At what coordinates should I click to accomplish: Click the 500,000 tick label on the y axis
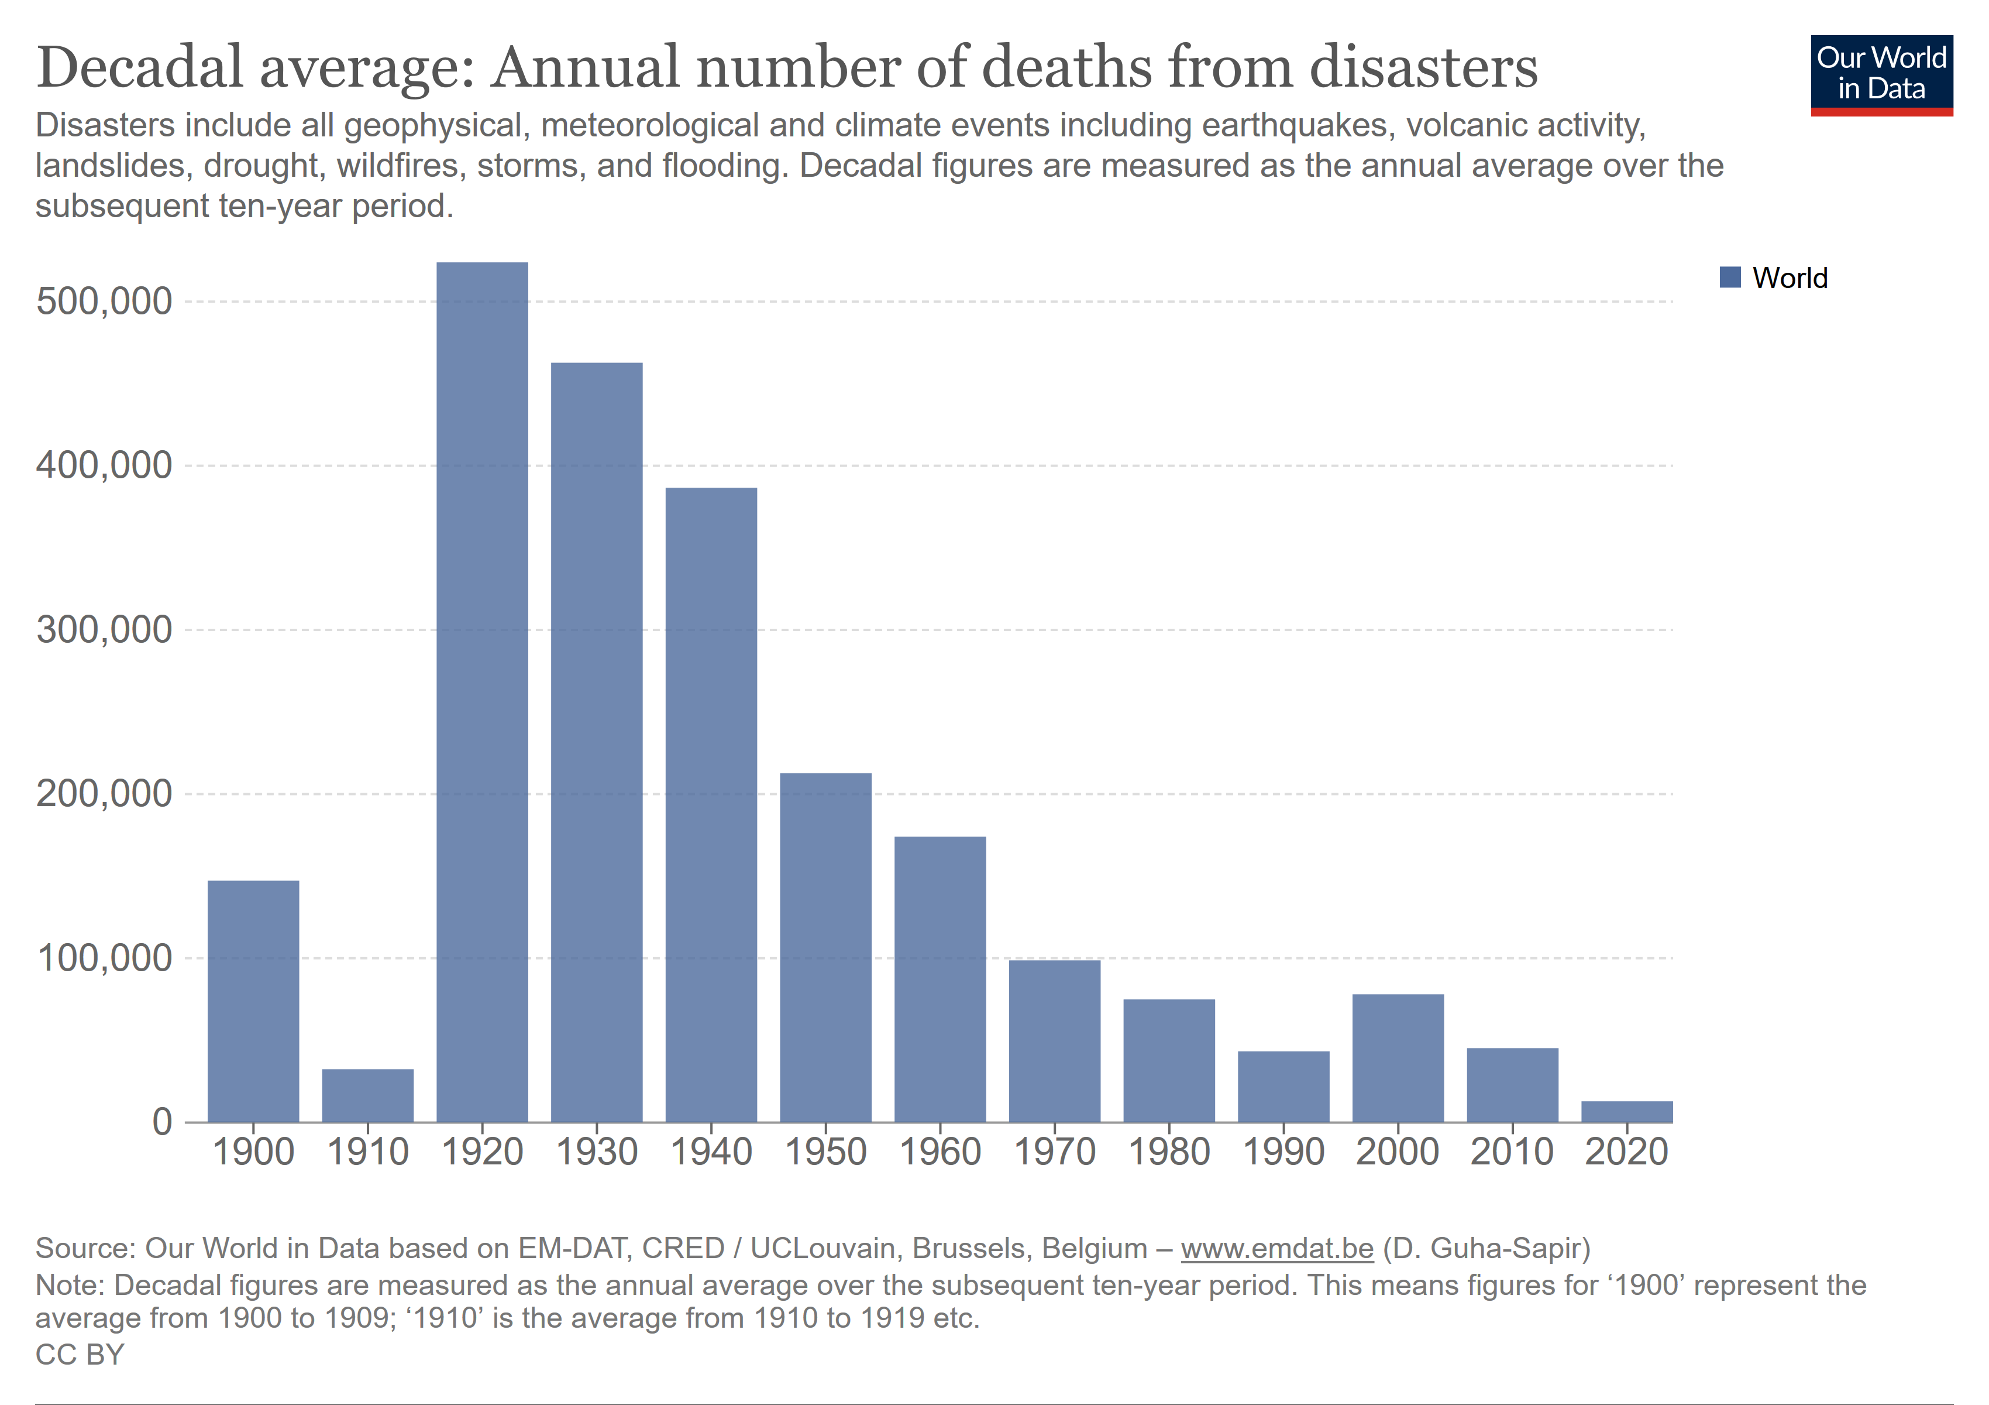104,301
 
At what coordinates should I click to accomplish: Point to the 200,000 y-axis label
104,794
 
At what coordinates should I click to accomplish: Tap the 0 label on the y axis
162,1122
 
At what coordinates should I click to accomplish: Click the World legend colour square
1729,277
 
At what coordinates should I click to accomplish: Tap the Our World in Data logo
1881,74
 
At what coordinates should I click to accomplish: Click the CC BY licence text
80,1354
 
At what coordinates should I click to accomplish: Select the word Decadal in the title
139,67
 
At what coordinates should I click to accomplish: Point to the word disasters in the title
1423,67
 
